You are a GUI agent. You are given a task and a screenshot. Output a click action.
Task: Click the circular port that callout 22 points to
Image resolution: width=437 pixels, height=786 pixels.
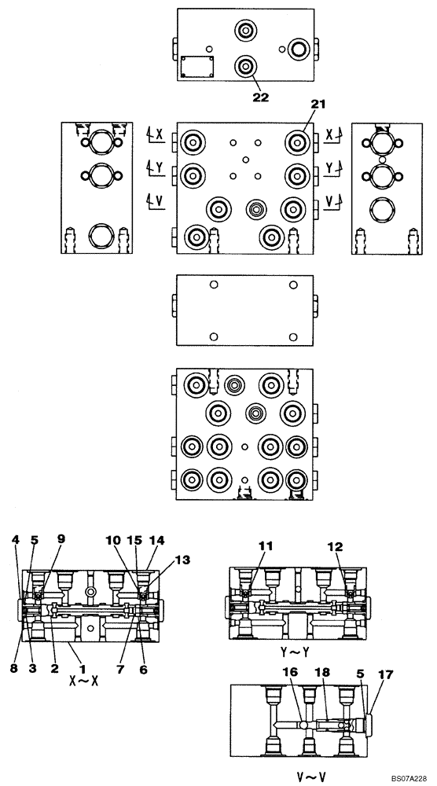coord(248,65)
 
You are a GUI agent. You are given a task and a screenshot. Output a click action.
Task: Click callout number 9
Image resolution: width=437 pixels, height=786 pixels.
coord(61,540)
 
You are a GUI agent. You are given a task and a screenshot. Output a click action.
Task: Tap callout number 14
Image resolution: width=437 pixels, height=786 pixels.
coord(157,540)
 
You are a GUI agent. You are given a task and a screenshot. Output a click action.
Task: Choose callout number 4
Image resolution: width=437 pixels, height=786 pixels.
coord(15,540)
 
